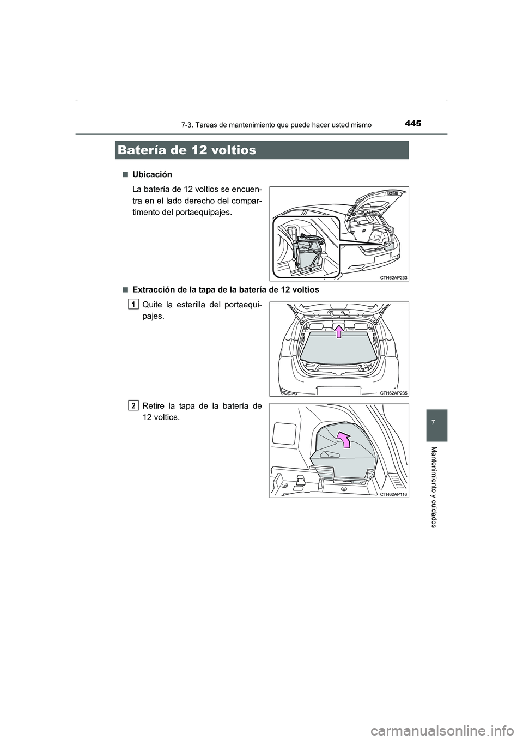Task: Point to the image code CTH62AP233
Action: coord(393,277)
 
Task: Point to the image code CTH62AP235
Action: coord(393,392)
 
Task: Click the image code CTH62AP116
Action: coord(393,494)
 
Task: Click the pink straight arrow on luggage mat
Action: coord(339,331)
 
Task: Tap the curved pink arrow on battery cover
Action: coord(343,439)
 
